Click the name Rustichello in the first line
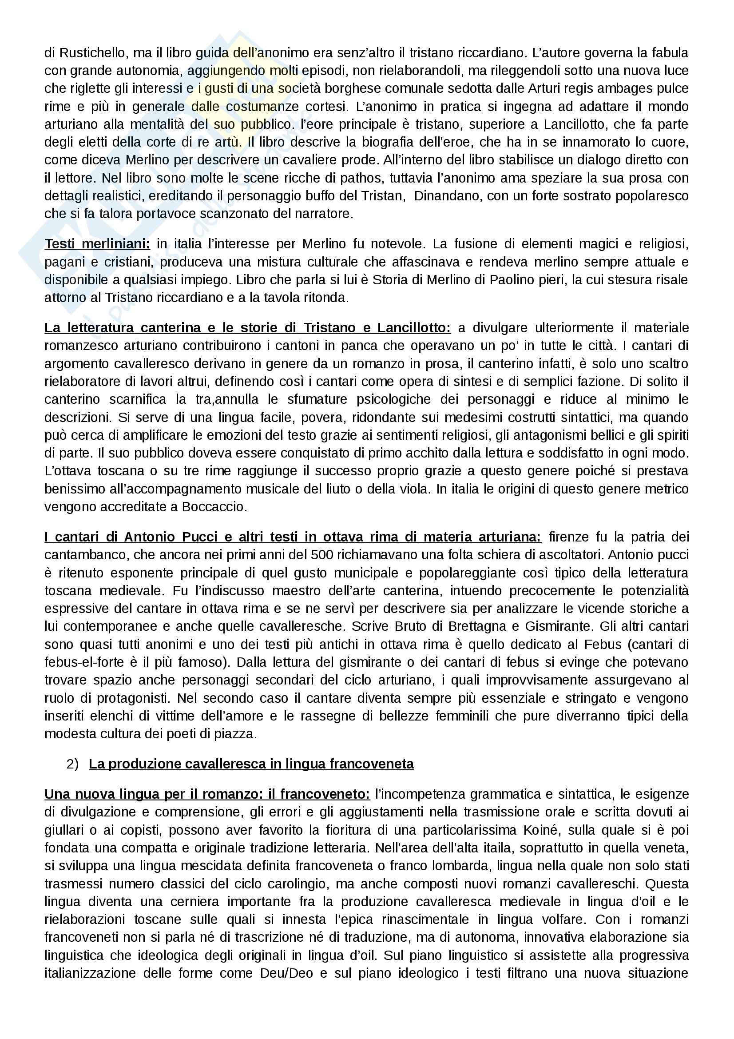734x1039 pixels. coord(87,53)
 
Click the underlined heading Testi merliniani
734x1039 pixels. coord(97,244)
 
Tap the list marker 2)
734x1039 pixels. coord(72,764)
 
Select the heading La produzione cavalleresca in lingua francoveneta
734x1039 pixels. coord(251,764)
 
